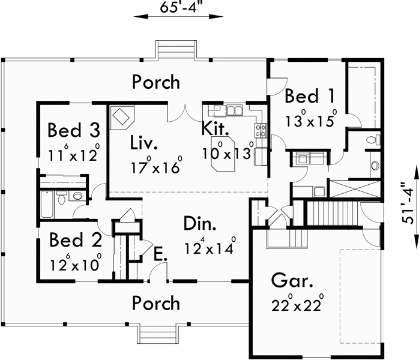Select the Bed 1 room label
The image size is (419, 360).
point(309,96)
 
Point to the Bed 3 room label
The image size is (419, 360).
point(73,130)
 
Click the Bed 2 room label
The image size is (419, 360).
point(75,241)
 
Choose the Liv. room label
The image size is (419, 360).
point(144,143)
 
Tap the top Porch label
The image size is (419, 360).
point(155,82)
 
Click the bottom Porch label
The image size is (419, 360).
point(155,303)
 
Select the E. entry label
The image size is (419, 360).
point(159,255)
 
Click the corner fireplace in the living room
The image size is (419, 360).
point(122,116)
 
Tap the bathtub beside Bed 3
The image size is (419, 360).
point(46,205)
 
